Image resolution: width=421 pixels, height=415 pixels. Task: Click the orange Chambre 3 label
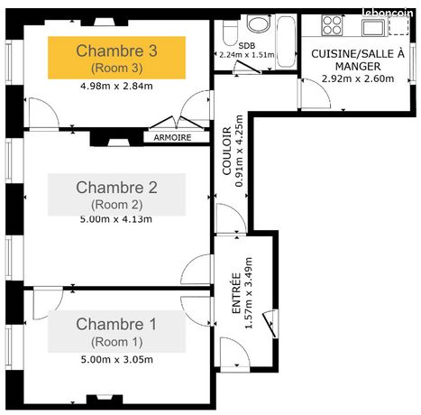pos(117,57)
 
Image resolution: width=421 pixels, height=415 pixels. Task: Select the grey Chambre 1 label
pos(117,330)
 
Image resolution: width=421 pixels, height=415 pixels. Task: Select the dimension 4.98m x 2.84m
pos(117,87)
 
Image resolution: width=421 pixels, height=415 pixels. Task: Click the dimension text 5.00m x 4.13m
pos(117,219)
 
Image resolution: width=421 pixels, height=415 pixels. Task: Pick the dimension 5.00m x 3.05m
pos(117,359)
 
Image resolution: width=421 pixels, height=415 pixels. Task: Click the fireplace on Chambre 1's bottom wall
pos(97,397)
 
